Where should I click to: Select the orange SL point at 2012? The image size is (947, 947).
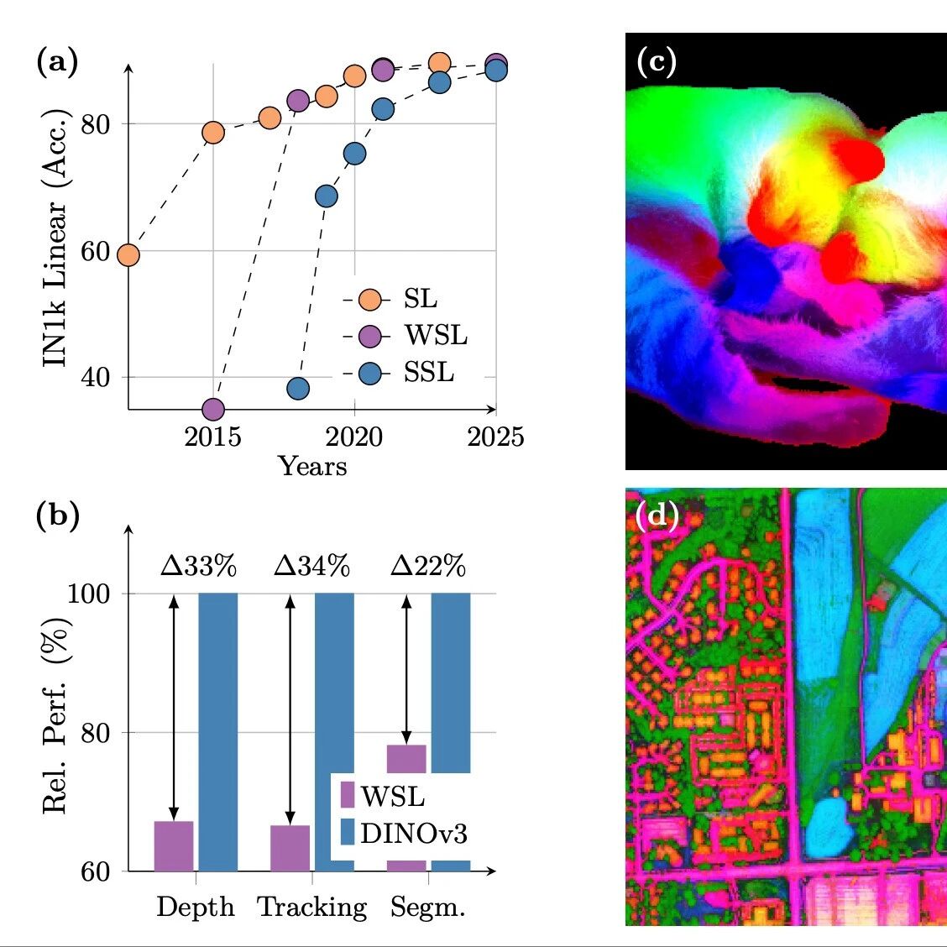pos(128,254)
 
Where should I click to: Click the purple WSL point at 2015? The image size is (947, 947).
pos(213,409)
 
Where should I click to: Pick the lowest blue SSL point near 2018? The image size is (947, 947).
pos(298,388)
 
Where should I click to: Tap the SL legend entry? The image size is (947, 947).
pos(420,299)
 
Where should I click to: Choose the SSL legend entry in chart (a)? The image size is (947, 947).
pos(428,372)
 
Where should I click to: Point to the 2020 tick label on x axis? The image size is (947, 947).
pos(354,437)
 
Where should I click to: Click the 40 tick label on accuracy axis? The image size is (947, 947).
pos(96,378)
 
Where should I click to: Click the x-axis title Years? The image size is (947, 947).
pos(312,466)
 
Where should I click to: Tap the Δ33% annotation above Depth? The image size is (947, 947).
pos(198,567)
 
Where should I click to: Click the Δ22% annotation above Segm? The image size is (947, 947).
pos(428,567)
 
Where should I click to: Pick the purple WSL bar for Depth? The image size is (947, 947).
pos(174,845)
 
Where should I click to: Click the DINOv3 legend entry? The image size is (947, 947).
pos(413,833)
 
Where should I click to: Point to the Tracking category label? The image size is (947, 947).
pos(312,908)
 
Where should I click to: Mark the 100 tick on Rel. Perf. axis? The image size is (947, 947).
pos(88,594)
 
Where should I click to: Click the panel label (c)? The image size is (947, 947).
pos(657,62)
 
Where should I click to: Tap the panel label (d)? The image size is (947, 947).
pos(657,515)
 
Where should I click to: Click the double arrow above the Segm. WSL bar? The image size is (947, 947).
pos(406,667)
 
